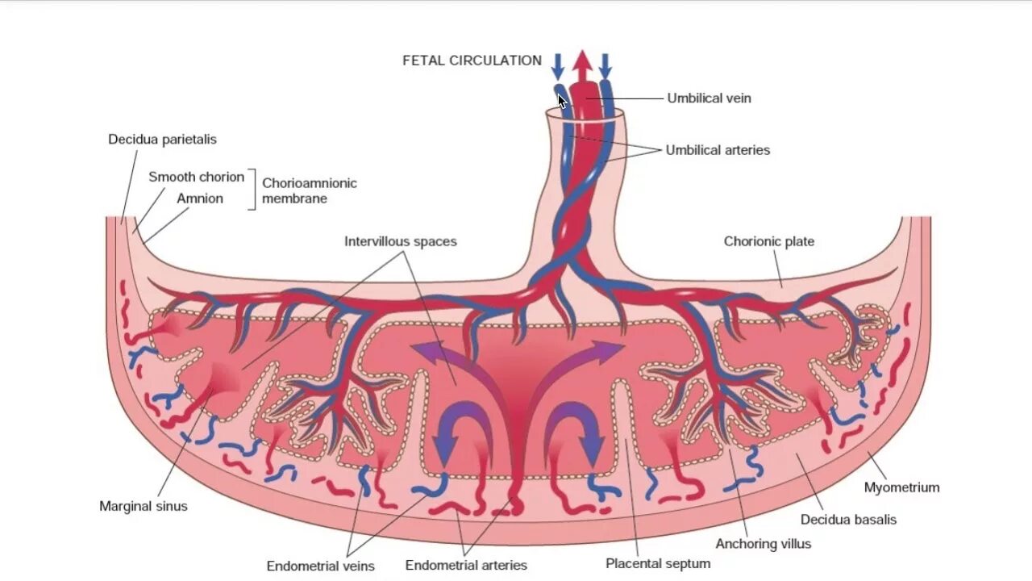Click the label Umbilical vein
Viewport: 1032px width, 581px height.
click(709, 98)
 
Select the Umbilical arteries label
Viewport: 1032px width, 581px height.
click(717, 150)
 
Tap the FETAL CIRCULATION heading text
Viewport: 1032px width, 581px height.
click(472, 61)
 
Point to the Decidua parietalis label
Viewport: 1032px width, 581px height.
click(162, 140)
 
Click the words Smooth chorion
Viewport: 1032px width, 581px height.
click(196, 177)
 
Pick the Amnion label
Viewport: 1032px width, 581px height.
click(199, 199)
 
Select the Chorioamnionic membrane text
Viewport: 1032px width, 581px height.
click(309, 190)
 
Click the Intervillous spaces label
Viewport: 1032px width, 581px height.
click(400, 241)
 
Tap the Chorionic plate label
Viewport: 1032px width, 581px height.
click(768, 241)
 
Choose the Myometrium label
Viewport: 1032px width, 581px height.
click(901, 487)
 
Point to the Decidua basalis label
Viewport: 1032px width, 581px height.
click(848, 520)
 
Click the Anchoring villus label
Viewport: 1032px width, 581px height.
click(763, 544)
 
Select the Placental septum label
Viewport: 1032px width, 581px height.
click(658, 564)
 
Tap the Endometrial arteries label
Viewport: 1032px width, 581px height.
click(466, 566)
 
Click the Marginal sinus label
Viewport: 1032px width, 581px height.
click(144, 507)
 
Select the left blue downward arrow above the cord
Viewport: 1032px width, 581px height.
click(557, 65)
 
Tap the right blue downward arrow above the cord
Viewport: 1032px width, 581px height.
click(605, 65)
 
